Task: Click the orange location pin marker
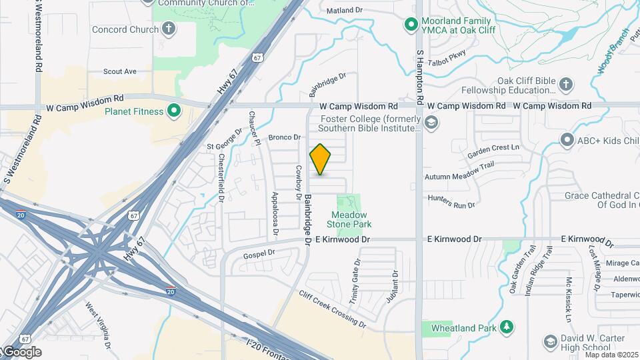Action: point(320,159)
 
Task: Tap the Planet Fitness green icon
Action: point(174,111)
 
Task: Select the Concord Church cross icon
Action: point(169,29)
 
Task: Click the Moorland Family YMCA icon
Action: point(412,26)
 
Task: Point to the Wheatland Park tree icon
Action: point(507,327)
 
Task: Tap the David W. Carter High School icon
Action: point(550,343)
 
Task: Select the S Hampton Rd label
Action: point(420,74)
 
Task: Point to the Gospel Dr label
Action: point(259,254)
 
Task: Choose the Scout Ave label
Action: point(120,71)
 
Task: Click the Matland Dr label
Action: point(345,11)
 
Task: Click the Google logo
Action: point(22,352)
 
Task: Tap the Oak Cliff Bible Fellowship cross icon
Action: point(565,84)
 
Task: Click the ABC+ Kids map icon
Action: point(567,140)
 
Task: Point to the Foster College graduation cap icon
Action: point(431,122)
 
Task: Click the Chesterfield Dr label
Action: point(221,178)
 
